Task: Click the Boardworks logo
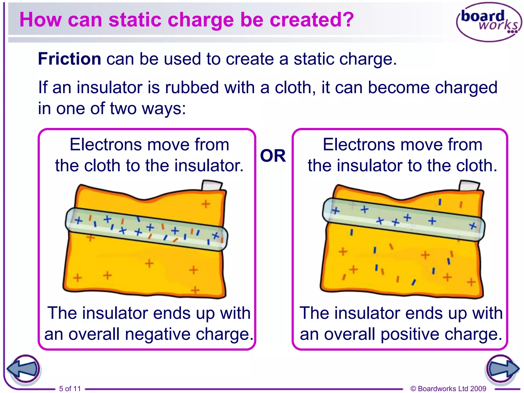tap(489, 22)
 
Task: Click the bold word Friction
tap(69, 59)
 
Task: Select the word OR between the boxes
tap(273, 156)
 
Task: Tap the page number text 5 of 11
tap(70, 388)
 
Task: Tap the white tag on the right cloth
tap(469, 185)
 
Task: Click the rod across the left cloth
tap(146, 229)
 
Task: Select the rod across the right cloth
tap(404, 220)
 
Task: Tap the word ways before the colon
tap(162, 108)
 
